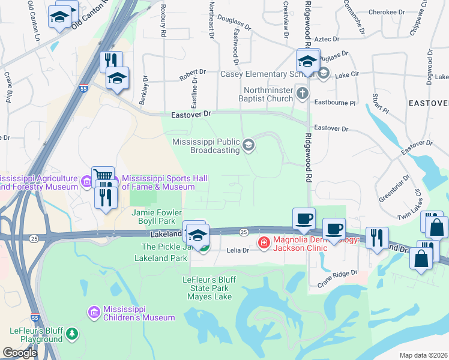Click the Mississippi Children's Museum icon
pos(94,312)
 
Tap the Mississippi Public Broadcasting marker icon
pos(248,145)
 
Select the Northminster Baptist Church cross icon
pos(302,93)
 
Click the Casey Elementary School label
pos(259,74)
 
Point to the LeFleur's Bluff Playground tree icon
pos(72,333)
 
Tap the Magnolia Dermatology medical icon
pos(263,242)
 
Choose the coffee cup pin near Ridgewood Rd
pos(304,218)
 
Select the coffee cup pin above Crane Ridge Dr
pos(334,229)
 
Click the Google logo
pos(20,353)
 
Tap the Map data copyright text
pos(424,355)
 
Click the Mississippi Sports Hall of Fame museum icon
pos(114,179)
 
